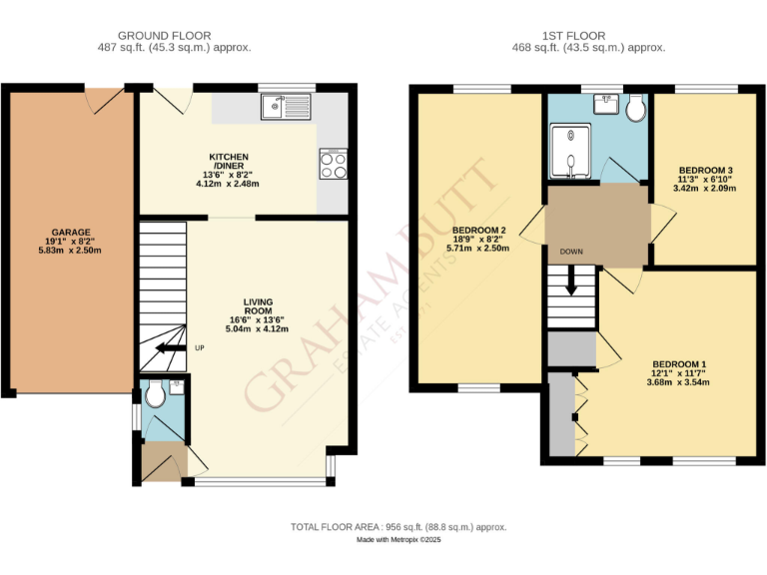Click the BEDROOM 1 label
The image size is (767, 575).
pyautogui.click(x=679, y=364)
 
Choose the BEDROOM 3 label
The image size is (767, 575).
pyautogui.click(x=705, y=170)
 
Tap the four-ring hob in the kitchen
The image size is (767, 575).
pyautogui.click(x=333, y=164)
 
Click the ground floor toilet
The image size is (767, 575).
pyautogui.click(x=155, y=396)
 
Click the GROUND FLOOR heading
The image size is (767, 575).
pyautogui.click(x=165, y=36)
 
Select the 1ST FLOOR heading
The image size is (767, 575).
pyautogui.click(x=587, y=36)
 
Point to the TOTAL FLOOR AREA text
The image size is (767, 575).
pyautogui.click(x=398, y=527)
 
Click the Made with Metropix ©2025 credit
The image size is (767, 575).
pyautogui.click(x=398, y=540)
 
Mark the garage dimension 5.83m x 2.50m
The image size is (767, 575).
pyautogui.click(x=71, y=250)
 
